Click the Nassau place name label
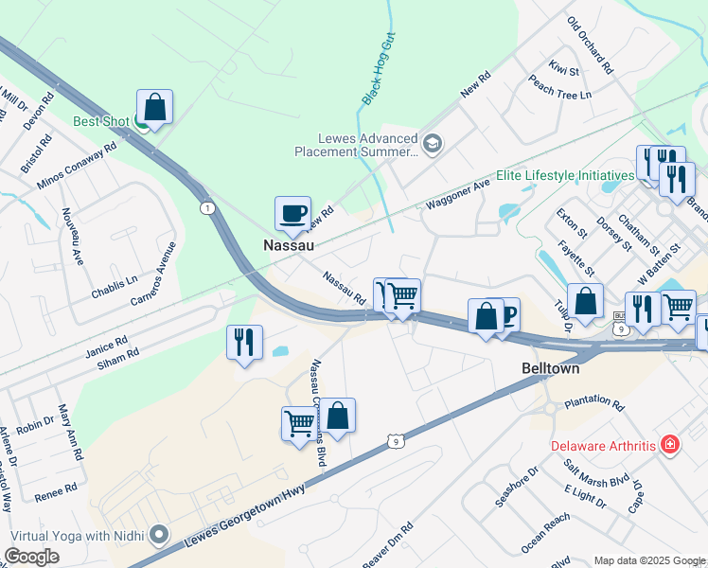(x=288, y=244)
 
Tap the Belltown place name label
(x=550, y=368)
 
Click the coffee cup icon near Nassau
(x=292, y=212)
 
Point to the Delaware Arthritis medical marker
(x=669, y=444)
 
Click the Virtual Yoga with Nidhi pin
(x=158, y=535)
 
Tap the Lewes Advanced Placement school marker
(x=434, y=144)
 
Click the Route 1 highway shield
(x=206, y=207)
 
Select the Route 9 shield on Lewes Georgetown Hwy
(x=395, y=440)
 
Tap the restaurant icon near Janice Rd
(x=244, y=342)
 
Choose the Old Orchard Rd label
(x=590, y=45)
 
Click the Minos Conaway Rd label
(x=76, y=165)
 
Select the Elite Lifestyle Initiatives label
(x=563, y=176)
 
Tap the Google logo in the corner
(x=32, y=557)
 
